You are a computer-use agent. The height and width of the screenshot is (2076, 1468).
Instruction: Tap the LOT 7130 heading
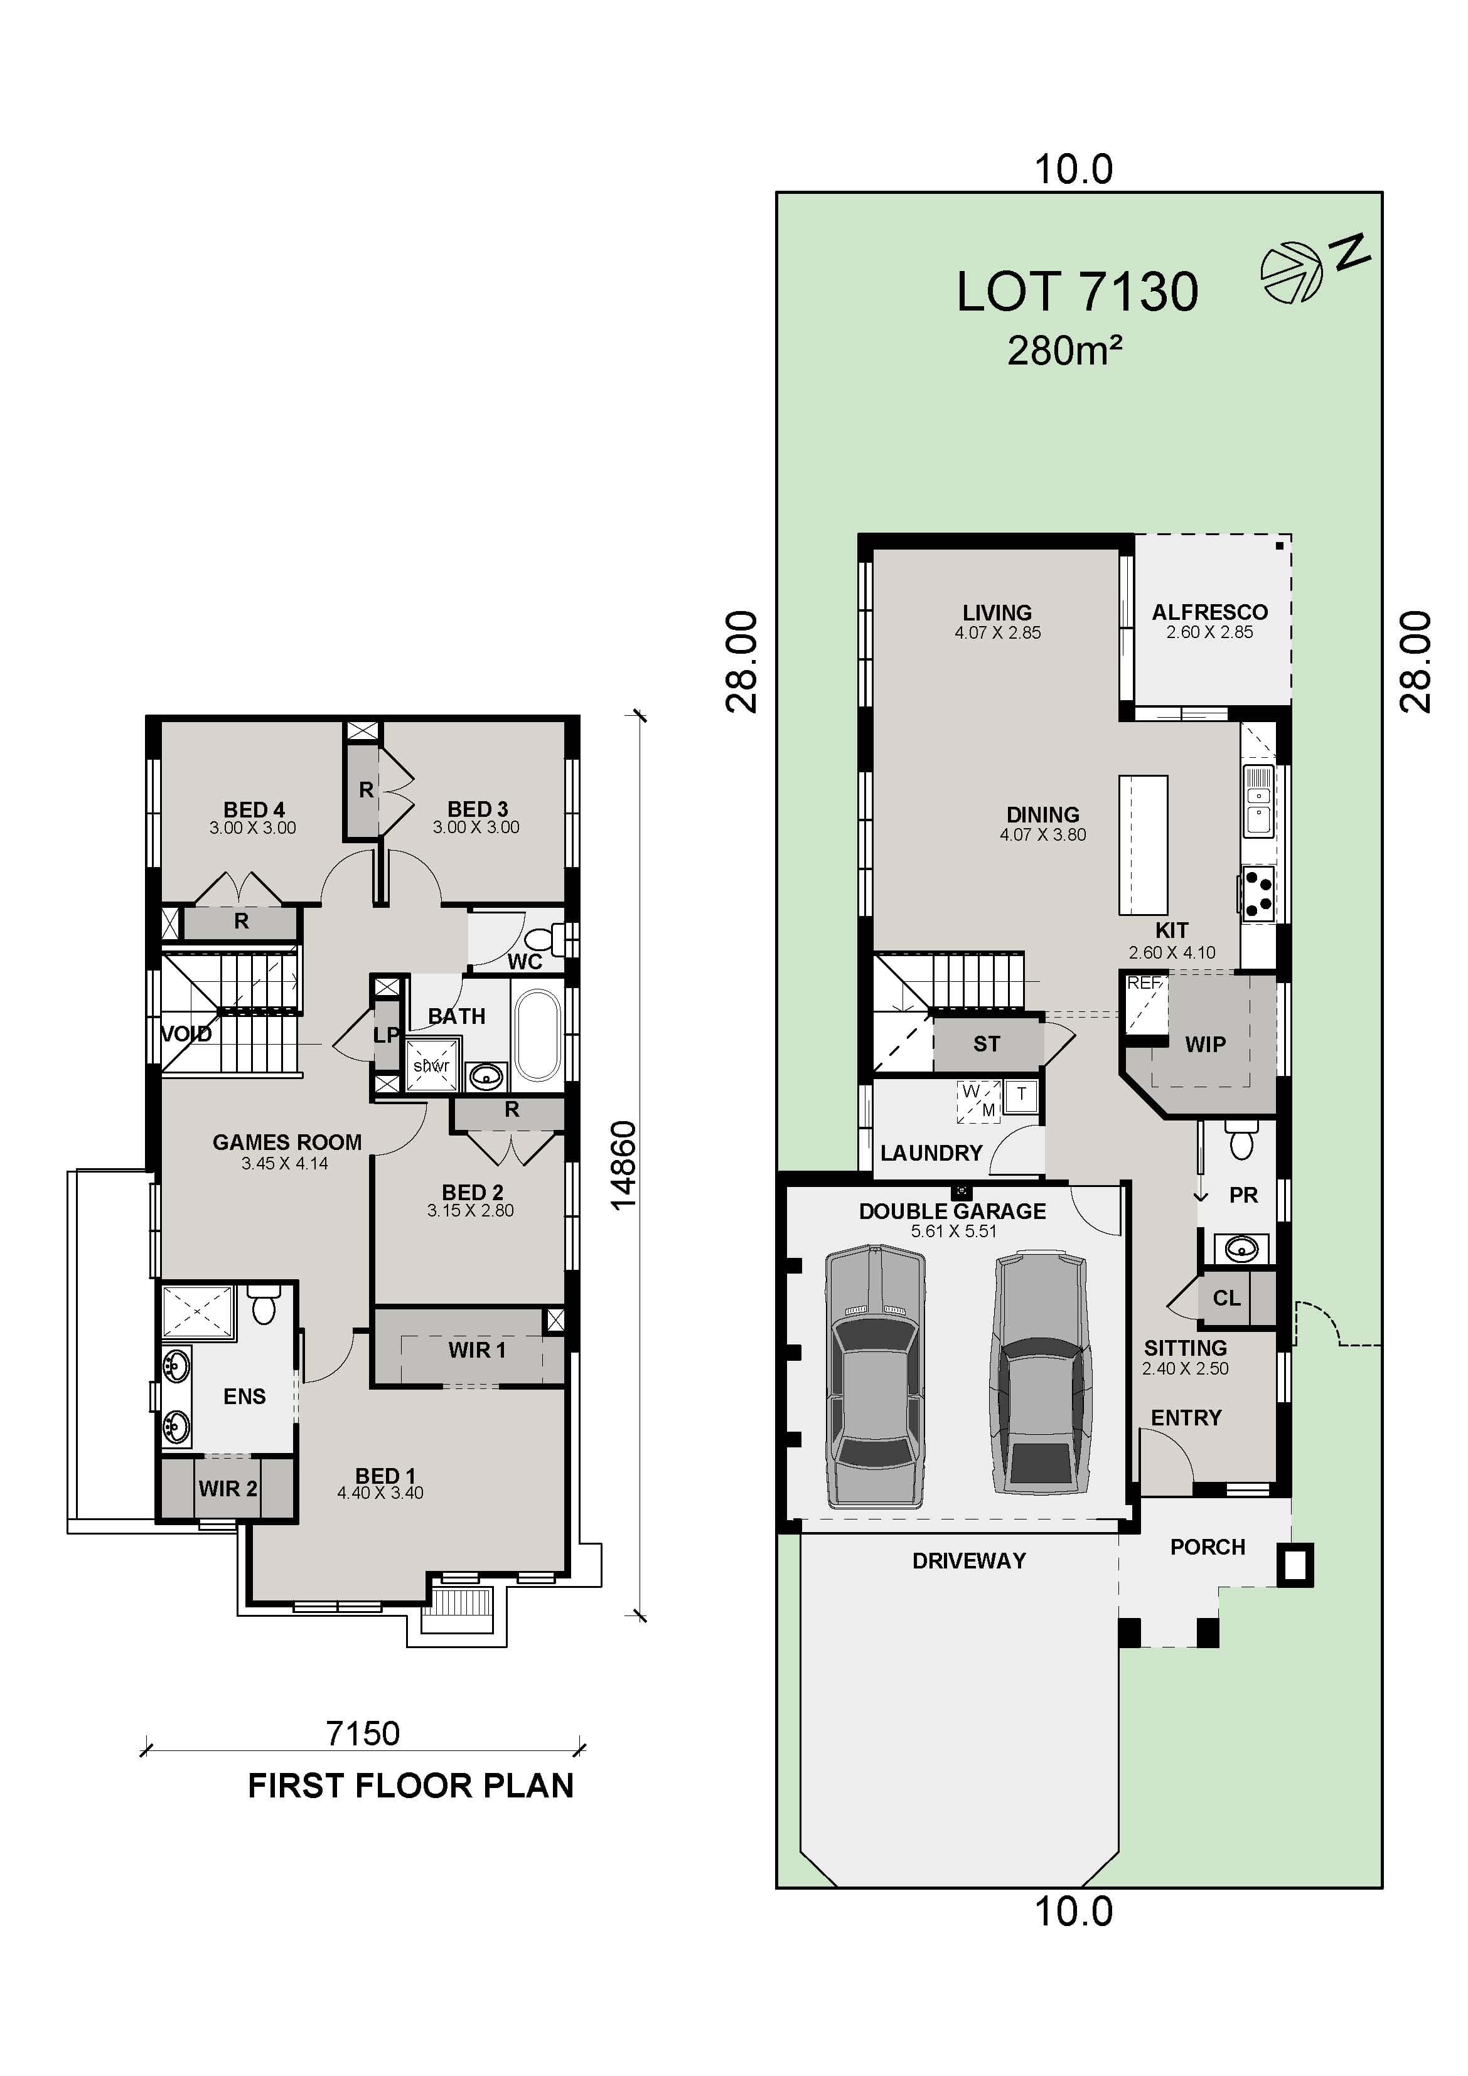pos(1076,292)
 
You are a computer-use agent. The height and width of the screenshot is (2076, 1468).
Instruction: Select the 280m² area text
pos(1064,351)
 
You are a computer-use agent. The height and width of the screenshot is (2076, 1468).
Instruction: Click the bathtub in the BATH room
pos(537,1035)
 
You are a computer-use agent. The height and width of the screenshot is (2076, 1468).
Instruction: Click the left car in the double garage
pos(875,1375)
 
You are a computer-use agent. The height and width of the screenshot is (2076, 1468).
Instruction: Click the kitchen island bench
pos(1142,844)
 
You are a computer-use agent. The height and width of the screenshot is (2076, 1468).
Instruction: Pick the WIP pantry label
pos(1205,1045)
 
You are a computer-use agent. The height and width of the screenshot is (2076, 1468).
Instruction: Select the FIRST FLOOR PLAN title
pos(410,1786)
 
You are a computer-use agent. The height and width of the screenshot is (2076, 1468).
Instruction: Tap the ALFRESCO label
pos(1209,612)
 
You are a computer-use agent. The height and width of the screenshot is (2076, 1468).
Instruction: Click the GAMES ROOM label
pos(287,1142)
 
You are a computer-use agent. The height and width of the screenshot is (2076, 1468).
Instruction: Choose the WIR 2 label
pos(228,1488)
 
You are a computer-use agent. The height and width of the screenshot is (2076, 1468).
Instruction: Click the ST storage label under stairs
pos(986,1045)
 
